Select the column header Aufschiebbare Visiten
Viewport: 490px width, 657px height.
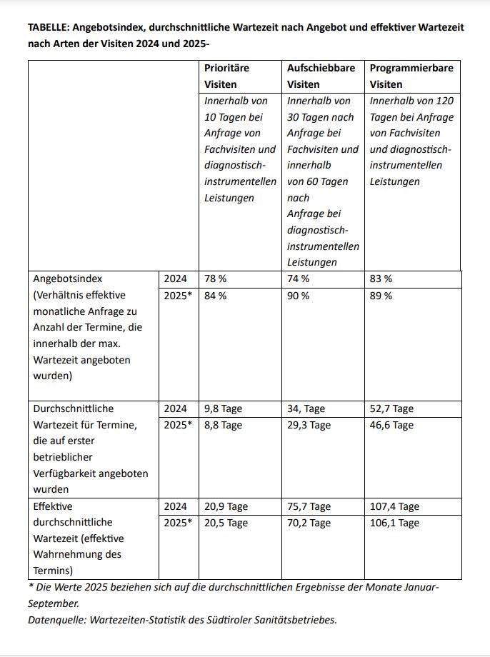(x=321, y=76)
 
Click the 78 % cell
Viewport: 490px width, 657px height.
(x=215, y=279)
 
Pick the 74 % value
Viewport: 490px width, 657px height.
(x=298, y=279)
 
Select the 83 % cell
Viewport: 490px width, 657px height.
(x=381, y=279)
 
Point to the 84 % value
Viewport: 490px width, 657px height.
(x=215, y=296)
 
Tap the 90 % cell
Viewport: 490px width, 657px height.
(x=298, y=296)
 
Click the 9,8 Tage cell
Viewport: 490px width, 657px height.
(x=223, y=409)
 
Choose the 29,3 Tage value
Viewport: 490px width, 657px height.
(x=309, y=426)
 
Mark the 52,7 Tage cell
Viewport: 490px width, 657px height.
(x=391, y=409)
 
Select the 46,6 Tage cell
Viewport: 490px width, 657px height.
(x=391, y=426)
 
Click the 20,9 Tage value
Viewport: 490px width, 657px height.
(x=226, y=506)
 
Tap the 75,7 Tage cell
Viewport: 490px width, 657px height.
(x=309, y=506)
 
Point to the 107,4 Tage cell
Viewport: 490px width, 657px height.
(x=394, y=506)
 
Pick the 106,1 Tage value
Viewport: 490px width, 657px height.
(x=394, y=523)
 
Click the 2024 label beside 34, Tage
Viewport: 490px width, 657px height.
(x=175, y=409)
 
